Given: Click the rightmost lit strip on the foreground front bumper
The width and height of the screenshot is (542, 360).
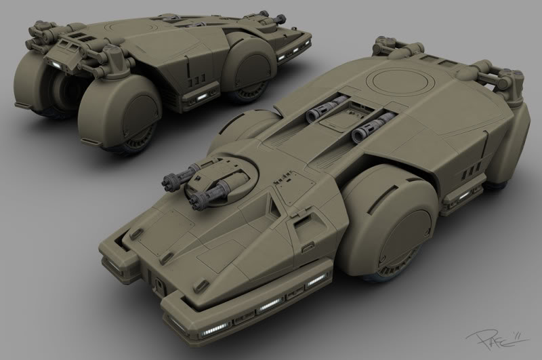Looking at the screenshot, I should point(318,282).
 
